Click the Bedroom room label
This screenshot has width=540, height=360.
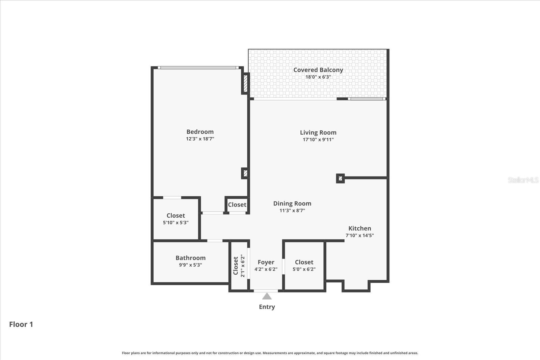coord(200,132)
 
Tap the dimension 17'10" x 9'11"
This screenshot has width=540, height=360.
coord(318,140)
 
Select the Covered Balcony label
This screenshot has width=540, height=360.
coord(318,70)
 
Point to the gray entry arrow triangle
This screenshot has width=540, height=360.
coord(267,297)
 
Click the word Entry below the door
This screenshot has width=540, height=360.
coord(267,307)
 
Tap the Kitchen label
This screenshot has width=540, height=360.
coord(359,228)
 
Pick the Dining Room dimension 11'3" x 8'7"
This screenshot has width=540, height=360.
coord(292,211)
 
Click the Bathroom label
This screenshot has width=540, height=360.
coord(190,258)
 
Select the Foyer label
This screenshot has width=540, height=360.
coord(266,262)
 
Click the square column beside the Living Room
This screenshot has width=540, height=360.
coord(340,178)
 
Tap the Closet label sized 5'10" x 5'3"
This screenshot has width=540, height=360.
coord(175,216)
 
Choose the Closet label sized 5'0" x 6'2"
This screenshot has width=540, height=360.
coord(304,262)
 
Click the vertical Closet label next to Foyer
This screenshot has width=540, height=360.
coord(236,266)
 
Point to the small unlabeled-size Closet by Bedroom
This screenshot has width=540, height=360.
coord(237,205)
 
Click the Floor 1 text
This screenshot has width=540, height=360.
coord(21,324)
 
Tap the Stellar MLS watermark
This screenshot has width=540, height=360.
coord(523,180)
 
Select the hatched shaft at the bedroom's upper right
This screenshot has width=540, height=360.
coord(245,83)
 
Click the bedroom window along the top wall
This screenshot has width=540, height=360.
coord(198,68)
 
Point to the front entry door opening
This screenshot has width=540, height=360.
coord(266,290)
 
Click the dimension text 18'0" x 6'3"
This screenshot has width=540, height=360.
coord(318,77)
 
